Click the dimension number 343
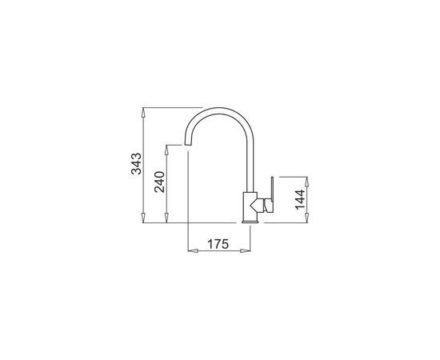pos(137,163)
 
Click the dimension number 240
pos(160,182)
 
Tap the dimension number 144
pos(300,199)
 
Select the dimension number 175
pos(218,244)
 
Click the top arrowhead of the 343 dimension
pos(143,113)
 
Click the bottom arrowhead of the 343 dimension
pos(143,218)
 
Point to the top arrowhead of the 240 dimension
pos(166,150)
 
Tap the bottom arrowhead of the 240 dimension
pos(166,218)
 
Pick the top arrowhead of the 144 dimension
pos(307,182)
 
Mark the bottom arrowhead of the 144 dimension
pos(307,218)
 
